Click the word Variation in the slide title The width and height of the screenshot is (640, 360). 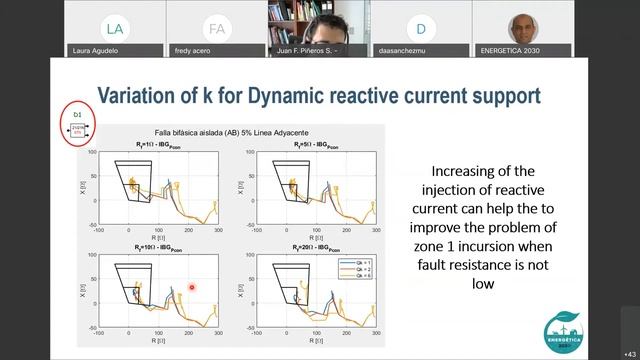(139, 95)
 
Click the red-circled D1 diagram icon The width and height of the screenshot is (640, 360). (79, 124)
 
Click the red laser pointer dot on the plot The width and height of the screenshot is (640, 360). (192, 287)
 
